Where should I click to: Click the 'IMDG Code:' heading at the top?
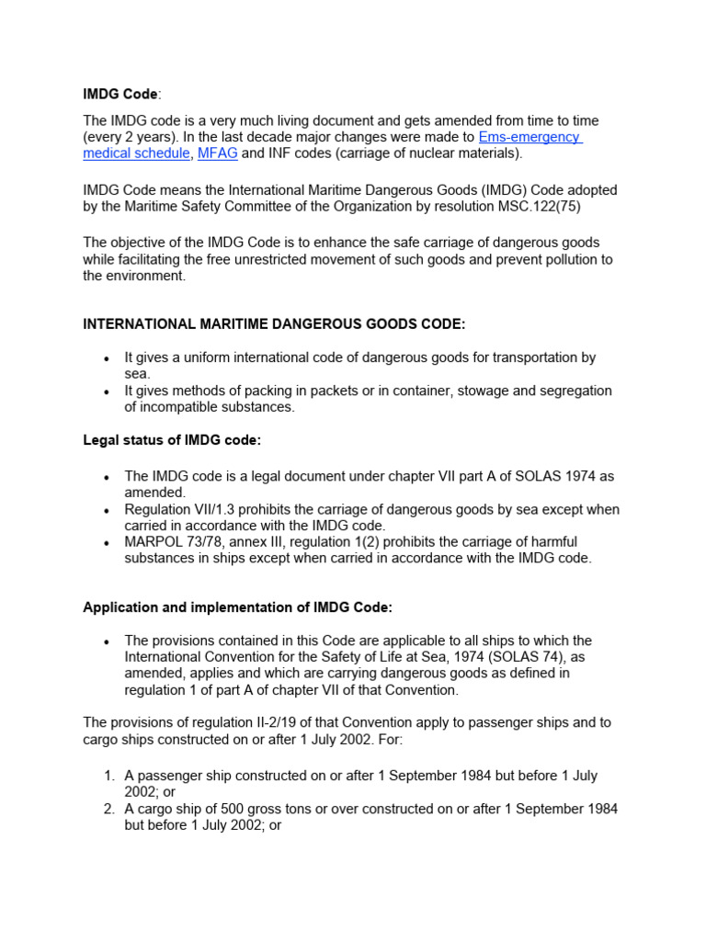(121, 95)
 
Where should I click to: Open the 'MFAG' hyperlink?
(217, 153)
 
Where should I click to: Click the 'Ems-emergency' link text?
(529, 137)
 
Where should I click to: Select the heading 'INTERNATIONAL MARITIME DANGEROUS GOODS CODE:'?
(274, 324)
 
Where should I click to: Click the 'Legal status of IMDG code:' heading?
(172, 440)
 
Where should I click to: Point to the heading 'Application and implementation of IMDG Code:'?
(237, 607)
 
